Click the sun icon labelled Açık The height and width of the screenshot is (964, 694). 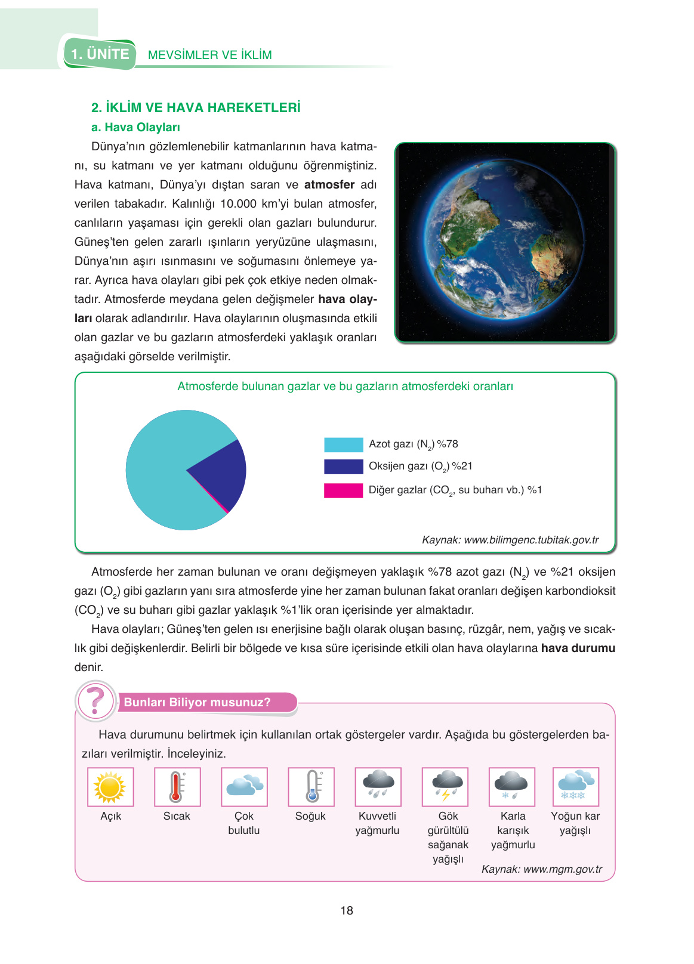pos(110,787)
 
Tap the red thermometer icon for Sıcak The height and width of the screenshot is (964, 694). pos(177,787)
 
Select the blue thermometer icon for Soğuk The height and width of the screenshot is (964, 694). pos(311,787)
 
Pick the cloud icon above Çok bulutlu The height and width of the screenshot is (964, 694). pos(244,787)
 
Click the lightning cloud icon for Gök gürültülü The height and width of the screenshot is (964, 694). pos(445,787)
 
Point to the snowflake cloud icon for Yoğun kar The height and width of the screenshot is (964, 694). pos(575,787)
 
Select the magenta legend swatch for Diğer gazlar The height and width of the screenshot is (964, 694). pos(343,490)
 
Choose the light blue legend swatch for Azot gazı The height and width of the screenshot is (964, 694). pos(343,445)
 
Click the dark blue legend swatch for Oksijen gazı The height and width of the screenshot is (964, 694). pos(343,466)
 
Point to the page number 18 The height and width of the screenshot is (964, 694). pos(347,911)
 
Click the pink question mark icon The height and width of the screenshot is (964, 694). pos(95,702)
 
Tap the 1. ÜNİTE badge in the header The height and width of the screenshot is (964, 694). pos(100,54)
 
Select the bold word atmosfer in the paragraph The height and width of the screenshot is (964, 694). pos(329,185)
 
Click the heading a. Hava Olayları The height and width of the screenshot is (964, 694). pos(135,127)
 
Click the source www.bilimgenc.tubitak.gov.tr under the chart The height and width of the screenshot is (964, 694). pos(531,540)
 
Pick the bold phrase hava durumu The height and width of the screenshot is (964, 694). pos(578,648)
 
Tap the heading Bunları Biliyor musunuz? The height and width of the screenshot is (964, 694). pos(197,702)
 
